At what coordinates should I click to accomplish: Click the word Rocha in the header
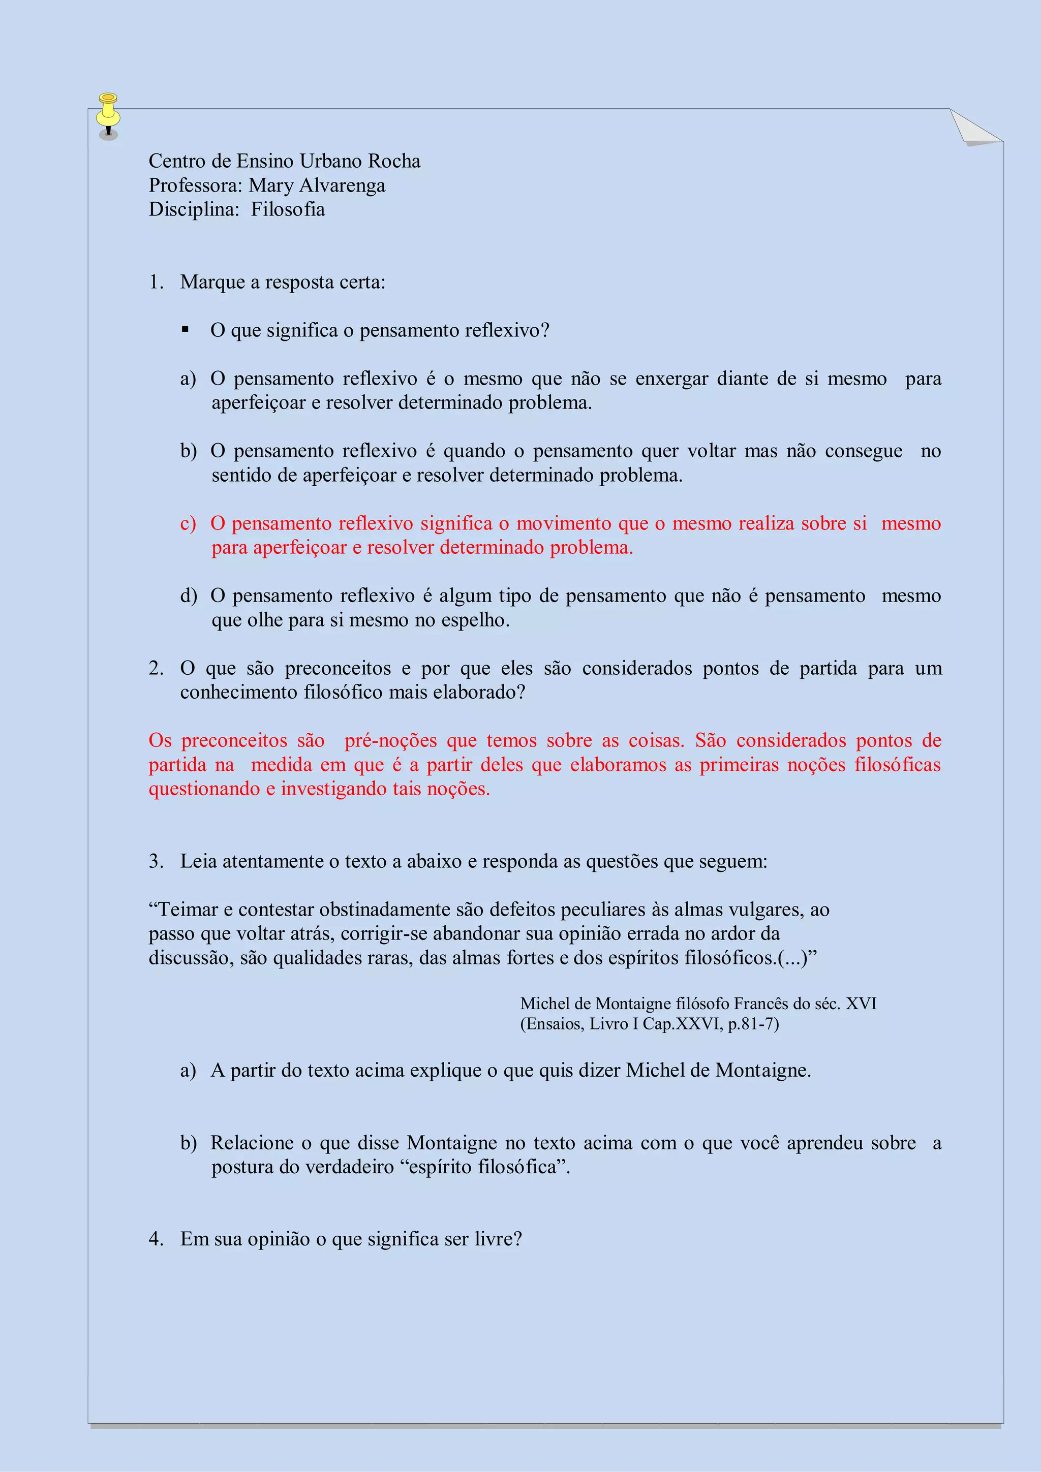394,161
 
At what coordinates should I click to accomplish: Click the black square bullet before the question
186,330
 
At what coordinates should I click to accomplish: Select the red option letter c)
188,524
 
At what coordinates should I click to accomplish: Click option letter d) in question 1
188,596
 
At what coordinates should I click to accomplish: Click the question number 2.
156,669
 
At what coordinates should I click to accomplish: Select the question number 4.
156,1239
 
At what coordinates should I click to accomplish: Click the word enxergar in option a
671,379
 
